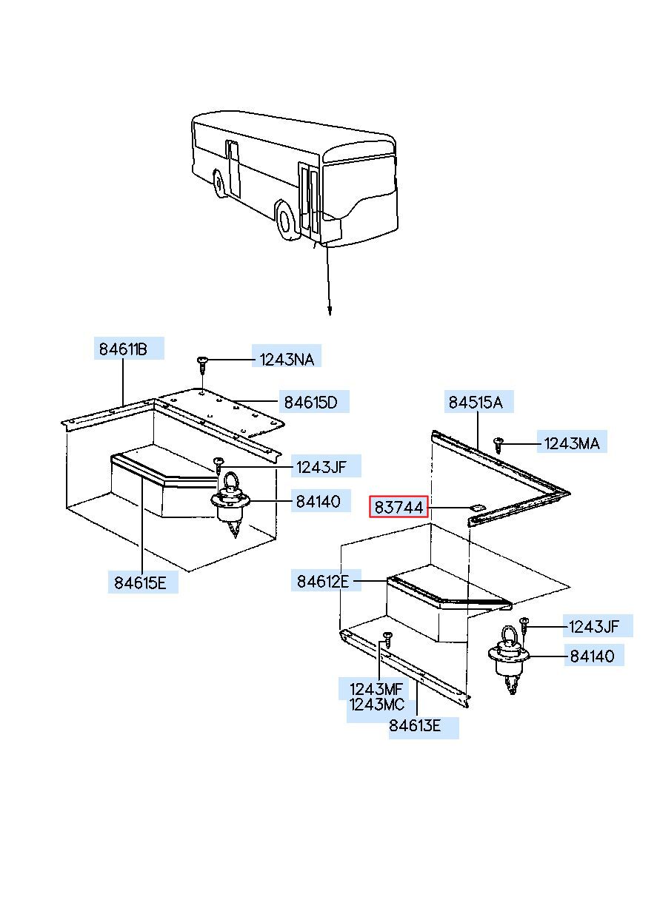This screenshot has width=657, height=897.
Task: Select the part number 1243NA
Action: pyautogui.click(x=286, y=360)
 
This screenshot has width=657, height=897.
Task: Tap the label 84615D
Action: pyautogui.click(x=310, y=403)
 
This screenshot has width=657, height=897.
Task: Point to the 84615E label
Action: pyautogui.click(x=141, y=582)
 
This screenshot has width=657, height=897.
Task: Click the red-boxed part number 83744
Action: pyautogui.click(x=399, y=508)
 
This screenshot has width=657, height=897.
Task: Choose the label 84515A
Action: pyautogui.click(x=475, y=403)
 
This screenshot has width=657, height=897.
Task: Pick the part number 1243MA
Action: pyautogui.click(x=572, y=444)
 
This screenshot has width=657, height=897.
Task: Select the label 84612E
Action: pyautogui.click(x=323, y=582)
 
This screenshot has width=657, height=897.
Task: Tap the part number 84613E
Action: pyautogui.click(x=415, y=727)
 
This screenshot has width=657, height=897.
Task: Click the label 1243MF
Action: pyautogui.click(x=376, y=690)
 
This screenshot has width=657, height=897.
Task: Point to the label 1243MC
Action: pyautogui.click(x=377, y=705)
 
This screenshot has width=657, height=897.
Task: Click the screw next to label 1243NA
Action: pyautogui.click(x=202, y=363)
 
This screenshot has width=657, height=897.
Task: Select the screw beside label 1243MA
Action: pyautogui.click(x=498, y=444)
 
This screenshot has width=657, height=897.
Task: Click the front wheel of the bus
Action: pyautogui.click(x=285, y=218)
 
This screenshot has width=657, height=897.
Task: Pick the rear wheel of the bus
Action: pyautogui.click(x=219, y=184)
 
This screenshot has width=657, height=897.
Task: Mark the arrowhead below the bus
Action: pyautogui.click(x=329, y=311)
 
